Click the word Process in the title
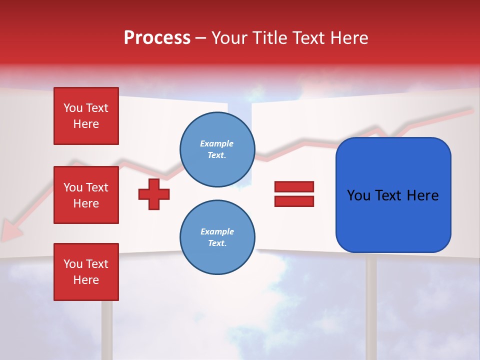pos(157,38)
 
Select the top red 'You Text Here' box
pos(86,116)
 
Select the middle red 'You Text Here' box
pos(86,195)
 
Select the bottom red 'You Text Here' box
pos(86,271)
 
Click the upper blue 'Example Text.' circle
pos(217,149)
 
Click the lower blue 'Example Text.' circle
pos(217,237)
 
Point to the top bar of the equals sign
pos(294,187)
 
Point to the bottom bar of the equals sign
pos(294,201)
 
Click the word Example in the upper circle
pos(217,143)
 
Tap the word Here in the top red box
pos(86,124)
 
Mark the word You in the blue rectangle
pos(358,195)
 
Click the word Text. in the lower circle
pos(217,243)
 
